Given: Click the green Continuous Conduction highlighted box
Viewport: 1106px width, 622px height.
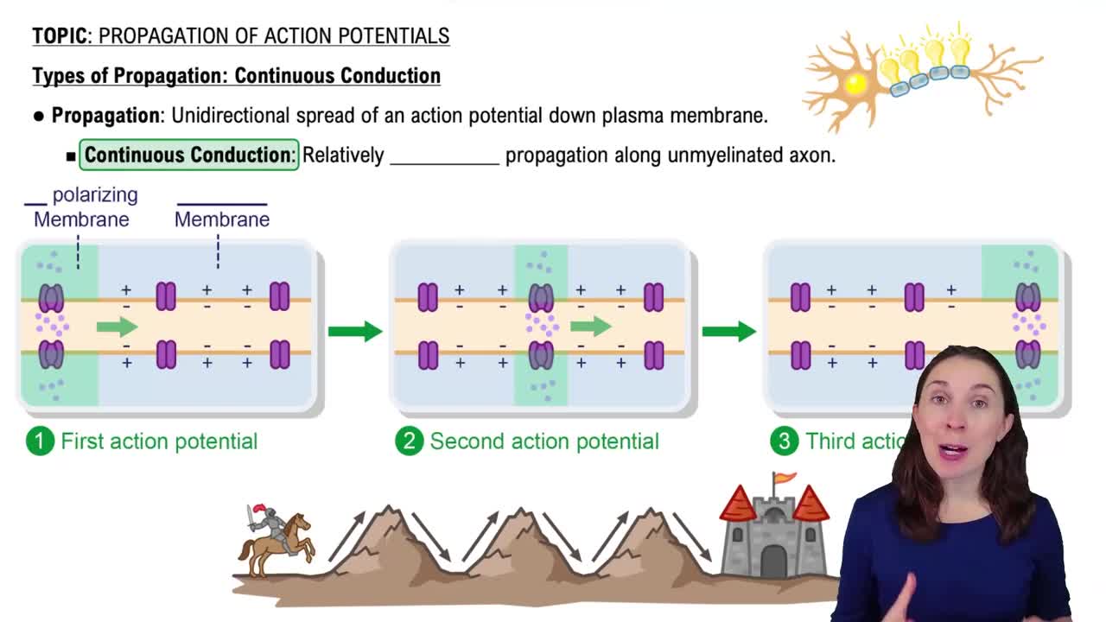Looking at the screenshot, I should (189, 155).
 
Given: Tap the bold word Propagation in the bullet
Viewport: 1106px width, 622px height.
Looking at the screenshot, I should (105, 116).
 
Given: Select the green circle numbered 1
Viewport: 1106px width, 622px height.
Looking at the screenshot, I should (40, 441).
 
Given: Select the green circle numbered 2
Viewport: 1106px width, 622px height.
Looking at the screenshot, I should (409, 441).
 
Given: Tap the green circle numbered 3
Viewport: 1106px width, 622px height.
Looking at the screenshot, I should (784, 441).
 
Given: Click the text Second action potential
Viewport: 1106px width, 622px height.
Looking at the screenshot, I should (544, 441).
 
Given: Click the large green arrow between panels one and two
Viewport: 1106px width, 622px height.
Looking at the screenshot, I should (354, 331).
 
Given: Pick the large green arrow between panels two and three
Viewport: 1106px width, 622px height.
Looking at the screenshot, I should (728, 331).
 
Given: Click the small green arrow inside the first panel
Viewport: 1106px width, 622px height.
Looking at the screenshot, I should (117, 327).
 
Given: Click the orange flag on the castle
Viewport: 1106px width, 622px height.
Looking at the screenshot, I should (785, 478).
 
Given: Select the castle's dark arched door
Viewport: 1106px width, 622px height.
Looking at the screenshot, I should (773, 562).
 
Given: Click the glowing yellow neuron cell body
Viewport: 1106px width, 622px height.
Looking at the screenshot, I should (855, 84).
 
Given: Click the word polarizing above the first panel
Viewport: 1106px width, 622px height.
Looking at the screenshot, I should (95, 195).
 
